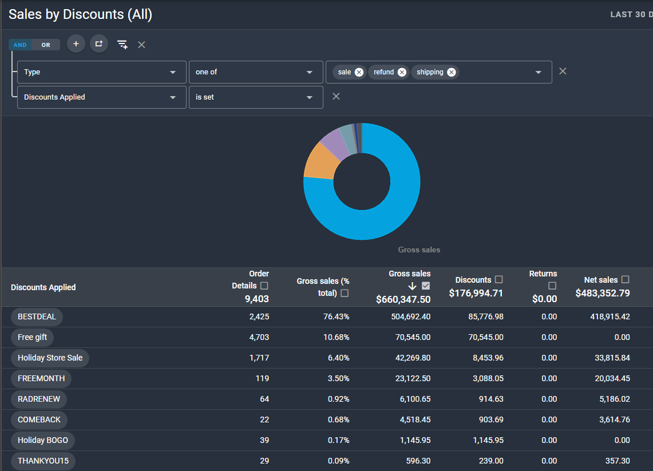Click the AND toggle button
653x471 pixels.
coord(20,45)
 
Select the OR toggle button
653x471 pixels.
coord(46,45)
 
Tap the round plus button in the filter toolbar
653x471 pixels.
coord(76,43)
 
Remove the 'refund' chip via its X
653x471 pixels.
coord(402,72)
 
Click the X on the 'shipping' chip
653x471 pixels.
coord(452,72)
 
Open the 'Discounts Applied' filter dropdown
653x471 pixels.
coord(102,97)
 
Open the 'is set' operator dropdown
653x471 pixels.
coord(256,97)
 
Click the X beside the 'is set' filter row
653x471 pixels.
coord(336,97)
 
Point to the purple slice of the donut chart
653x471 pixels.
coord(336,144)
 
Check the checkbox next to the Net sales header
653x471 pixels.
coord(625,279)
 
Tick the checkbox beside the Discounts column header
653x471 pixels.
coord(499,279)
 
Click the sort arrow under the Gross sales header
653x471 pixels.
coord(412,286)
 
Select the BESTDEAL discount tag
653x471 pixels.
coord(37,317)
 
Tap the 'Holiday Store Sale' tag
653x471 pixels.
coord(50,358)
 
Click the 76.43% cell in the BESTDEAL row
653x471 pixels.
coord(336,317)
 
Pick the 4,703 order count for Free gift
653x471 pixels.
coord(259,337)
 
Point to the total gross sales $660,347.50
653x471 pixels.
coord(403,299)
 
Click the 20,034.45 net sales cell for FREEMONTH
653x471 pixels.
coord(612,378)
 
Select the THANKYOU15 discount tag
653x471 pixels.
coord(43,461)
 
